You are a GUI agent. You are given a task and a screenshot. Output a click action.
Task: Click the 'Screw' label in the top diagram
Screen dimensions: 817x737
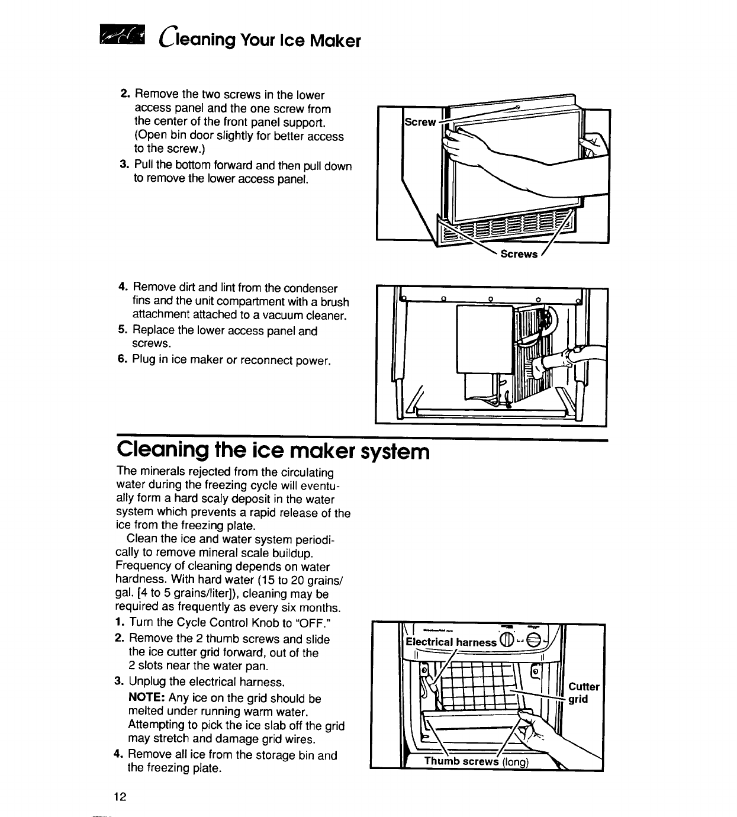[x=419, y=123]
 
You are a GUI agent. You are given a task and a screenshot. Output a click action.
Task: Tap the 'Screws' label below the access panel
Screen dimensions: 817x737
[x=519, y=254]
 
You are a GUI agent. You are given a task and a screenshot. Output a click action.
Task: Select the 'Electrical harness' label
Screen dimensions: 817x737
[x=451, y=642]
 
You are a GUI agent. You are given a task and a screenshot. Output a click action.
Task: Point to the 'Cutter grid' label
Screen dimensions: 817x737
[x=584, y=693]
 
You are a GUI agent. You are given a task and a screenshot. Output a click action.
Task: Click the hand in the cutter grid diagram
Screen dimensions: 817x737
[x=536, y=734]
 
